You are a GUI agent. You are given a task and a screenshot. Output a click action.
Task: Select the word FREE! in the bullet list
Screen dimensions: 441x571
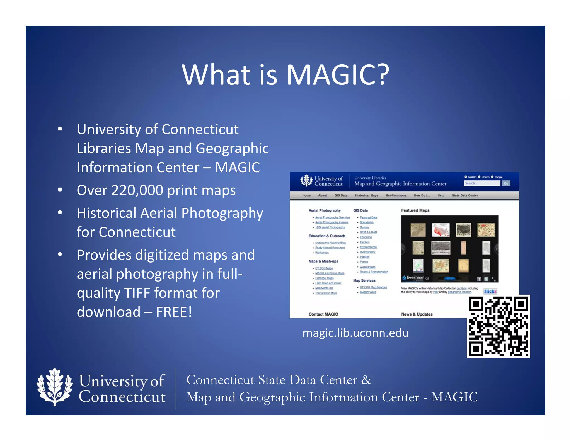click(174, 312)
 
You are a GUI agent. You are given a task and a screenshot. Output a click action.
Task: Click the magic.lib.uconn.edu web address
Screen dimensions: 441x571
click(355, 333)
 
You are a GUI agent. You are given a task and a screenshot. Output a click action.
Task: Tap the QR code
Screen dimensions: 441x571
click(498, 326)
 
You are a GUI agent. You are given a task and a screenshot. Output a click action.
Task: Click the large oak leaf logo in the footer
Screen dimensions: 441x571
click(55, 387)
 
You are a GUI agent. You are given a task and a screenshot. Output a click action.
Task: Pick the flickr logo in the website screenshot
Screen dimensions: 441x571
click(490, 291)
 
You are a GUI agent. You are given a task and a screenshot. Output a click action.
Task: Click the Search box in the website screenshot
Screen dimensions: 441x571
click(482, 183)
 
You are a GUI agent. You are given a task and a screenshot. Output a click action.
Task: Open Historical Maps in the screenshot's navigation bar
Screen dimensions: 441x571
click(367, 195)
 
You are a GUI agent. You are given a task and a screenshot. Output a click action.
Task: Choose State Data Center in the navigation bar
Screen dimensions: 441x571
click(465, 195)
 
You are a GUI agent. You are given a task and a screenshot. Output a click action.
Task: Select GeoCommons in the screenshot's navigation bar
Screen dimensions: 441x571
click(396, 195)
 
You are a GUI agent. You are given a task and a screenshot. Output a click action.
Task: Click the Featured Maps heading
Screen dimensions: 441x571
click(415, 210)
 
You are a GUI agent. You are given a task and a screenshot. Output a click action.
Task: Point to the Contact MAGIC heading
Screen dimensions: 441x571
click(323, 314)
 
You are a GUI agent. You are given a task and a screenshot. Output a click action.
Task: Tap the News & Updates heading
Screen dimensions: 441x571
click(417, 314)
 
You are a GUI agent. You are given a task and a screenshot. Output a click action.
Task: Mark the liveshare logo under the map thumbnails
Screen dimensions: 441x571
click(413, 278)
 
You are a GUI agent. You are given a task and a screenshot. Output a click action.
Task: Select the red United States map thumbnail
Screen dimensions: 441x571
click(441, 230)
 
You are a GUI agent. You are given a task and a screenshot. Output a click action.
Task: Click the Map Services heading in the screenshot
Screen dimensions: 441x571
click(364, 280)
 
